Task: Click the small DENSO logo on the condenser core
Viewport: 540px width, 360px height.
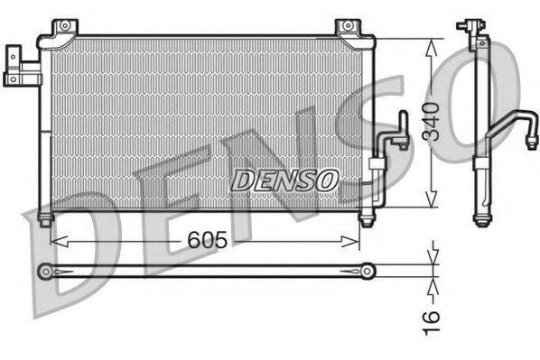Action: click(x=284, y=180)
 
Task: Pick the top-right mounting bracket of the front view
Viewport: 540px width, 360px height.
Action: click(x=347, y=30)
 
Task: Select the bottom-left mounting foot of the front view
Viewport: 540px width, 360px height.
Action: click(x=45, y=218)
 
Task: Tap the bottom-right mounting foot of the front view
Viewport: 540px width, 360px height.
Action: click(x=365, y=219)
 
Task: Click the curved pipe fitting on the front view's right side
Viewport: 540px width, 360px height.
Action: click(x=395, y=136)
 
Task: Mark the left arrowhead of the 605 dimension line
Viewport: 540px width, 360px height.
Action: click(x=56, y=241)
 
